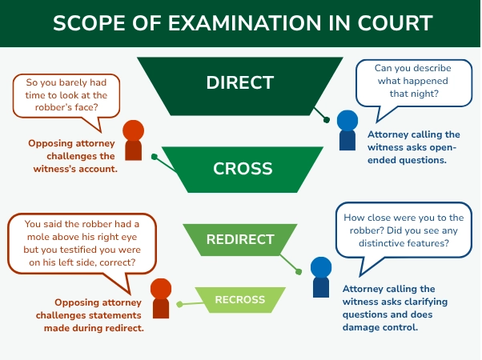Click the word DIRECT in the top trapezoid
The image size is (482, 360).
pyautogui.click(x=240, y=82)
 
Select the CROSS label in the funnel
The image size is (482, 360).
pyautogui.click(x=243, y=169)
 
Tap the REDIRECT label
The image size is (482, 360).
pyautogui.click(x=240, y=239)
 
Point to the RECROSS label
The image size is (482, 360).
pyautogui.click(x=240, y=300)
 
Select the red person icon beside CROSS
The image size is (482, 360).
pyautogui.click(x=134, y=140)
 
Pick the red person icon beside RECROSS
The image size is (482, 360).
pyautogui.click(x=161, y=297)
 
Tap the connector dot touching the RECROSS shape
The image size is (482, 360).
pyautogui.click(x=179, y=304)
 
